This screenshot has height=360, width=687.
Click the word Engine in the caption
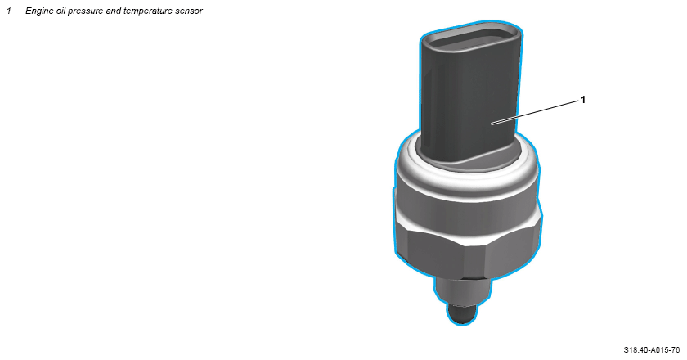tap(39, 11)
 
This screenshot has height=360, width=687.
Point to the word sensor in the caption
tap(188, 11)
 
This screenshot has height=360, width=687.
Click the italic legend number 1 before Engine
tap(9, 11)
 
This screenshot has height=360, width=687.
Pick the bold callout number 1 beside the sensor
tap(582, 100)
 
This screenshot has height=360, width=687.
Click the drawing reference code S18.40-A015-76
tap(652, 350)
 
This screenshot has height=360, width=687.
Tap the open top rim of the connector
tap(471, 37)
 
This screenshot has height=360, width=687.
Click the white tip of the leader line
tap(492, 124)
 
